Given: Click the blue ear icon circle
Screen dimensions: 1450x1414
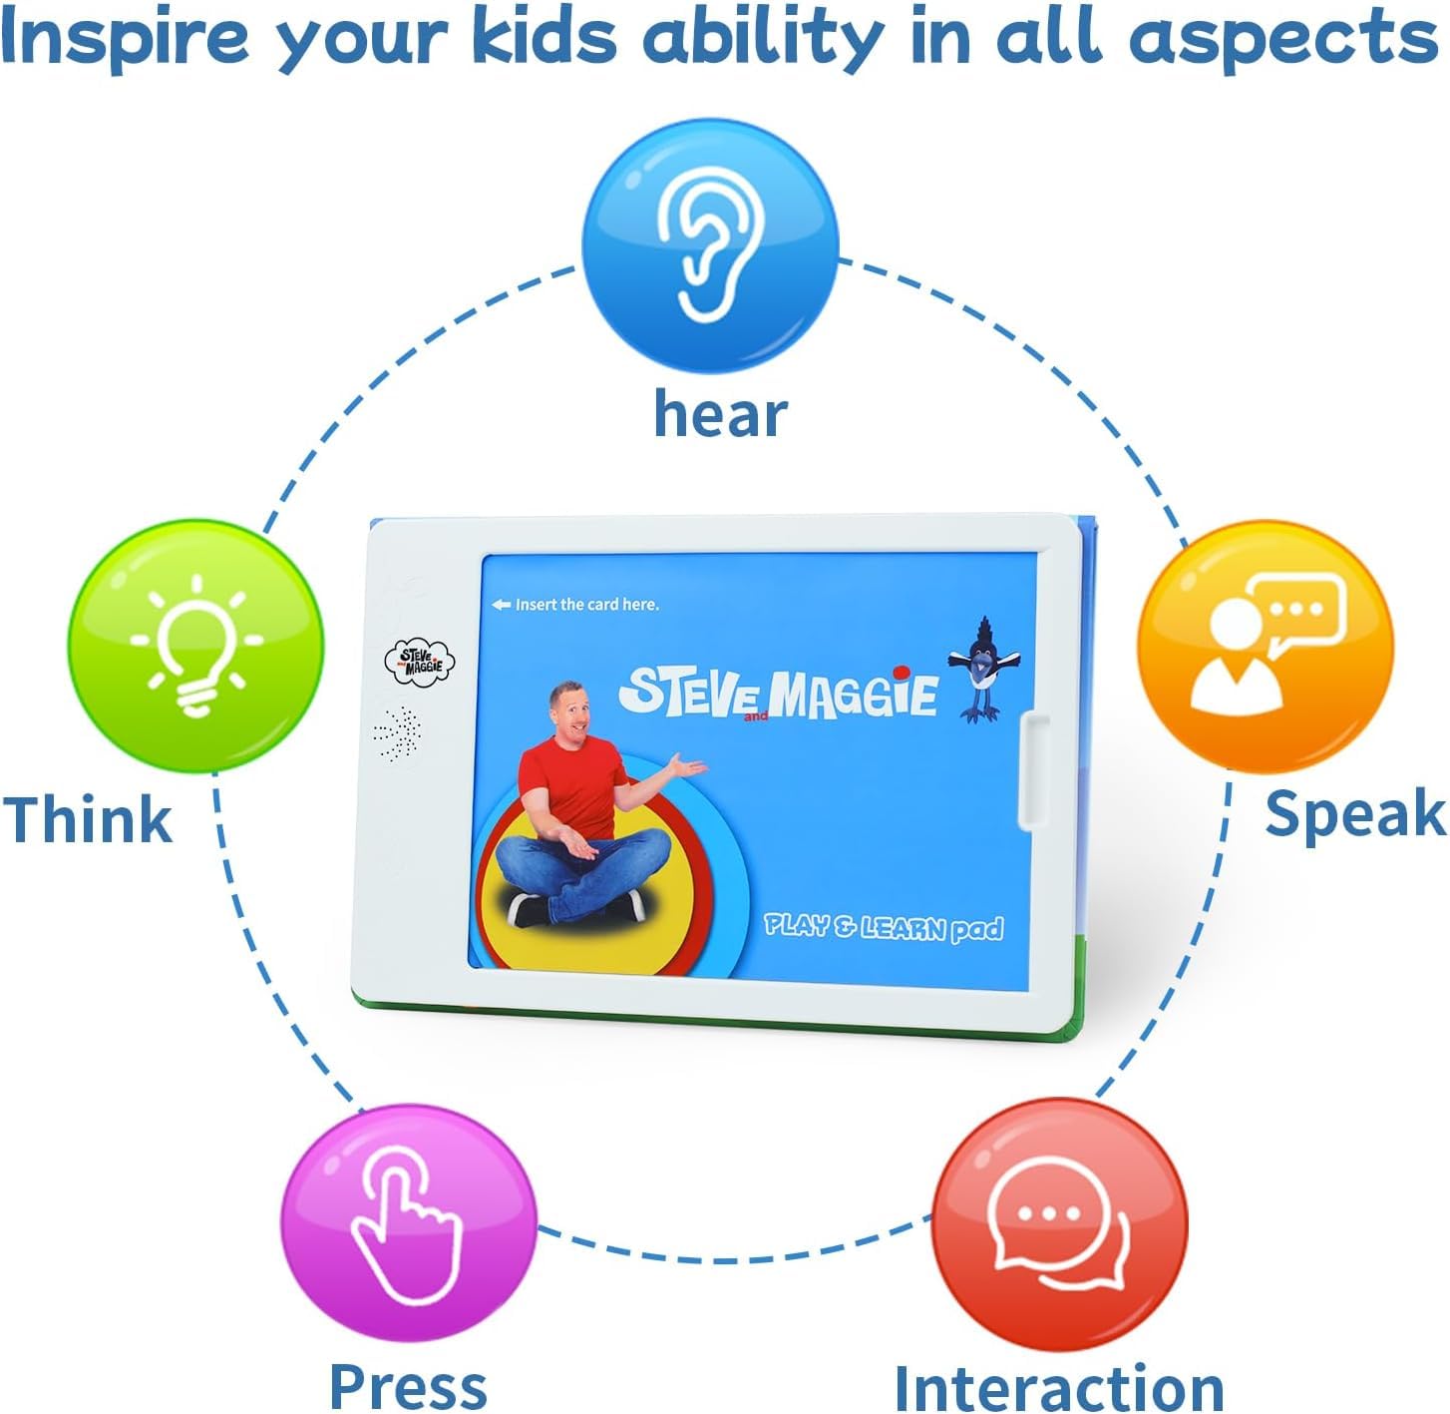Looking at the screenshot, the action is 710,245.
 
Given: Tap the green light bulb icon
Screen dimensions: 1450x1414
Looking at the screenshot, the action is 196,646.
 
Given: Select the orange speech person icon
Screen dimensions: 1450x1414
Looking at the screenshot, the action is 1266,646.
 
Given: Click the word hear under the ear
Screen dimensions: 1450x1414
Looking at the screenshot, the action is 720,414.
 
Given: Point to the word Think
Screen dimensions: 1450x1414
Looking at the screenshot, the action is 88,818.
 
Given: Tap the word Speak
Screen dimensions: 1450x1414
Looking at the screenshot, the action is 1355,815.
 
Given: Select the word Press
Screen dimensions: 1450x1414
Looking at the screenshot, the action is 408,1386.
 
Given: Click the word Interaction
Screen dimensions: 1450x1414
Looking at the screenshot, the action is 1059,1387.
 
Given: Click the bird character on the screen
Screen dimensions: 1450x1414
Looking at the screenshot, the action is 983,669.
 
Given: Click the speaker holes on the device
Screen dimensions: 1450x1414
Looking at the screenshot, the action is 397,733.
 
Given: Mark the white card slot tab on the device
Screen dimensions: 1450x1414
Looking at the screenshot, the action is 1034,770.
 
